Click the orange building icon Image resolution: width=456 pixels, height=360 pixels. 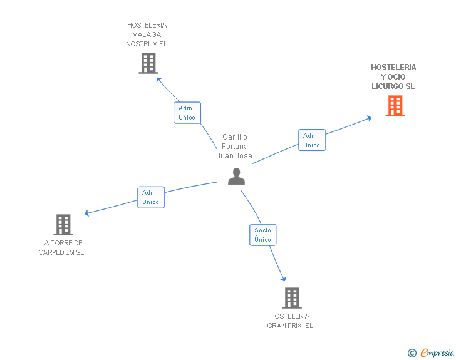click(395, 106)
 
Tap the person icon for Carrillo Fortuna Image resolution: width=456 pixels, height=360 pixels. click(236, 176)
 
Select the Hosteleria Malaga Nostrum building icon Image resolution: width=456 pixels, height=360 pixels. click(148, 63)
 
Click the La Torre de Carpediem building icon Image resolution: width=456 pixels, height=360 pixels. click(63, 225)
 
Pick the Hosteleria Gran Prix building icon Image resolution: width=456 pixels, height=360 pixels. click(292, 298)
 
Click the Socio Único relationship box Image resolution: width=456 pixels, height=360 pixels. click(263, 235)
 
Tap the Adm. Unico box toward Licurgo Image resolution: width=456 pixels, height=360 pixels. click(312, 140)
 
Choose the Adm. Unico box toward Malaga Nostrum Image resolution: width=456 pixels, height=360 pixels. click(187, 113)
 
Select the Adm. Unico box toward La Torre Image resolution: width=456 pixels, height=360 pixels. click(151, 197)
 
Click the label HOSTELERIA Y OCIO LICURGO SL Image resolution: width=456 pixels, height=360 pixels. click(393, 77)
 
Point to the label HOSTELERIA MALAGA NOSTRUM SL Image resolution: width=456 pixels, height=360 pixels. click(147, 34)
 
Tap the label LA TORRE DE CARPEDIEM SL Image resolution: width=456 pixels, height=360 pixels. click(61, 247)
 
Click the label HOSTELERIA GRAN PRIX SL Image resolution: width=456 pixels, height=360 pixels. click(290, 321)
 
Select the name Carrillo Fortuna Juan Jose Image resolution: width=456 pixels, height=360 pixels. click(234, 147)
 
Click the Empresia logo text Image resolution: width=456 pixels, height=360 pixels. click(437, 352)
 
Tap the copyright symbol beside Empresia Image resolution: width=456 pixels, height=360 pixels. click(412, 353)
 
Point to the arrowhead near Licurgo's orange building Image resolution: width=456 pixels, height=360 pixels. click(369, 118)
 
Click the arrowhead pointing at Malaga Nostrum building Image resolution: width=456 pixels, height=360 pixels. click(158, 80)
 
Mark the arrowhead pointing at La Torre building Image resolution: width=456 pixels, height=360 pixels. click(86, 213)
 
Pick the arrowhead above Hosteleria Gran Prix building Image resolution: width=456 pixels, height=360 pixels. click(284, 279)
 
